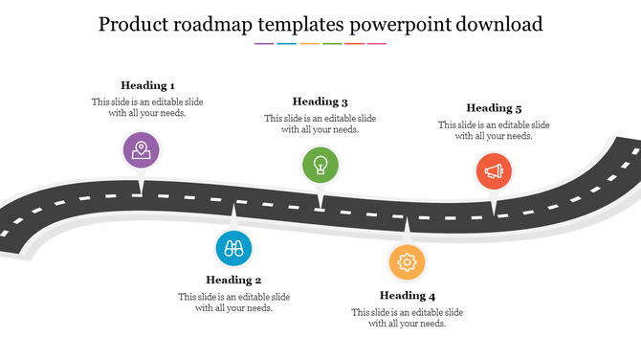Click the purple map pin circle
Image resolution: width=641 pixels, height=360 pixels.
(142, 150)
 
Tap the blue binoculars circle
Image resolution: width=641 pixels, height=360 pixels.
(233, 249)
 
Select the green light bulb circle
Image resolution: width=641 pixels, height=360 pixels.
(320, 165)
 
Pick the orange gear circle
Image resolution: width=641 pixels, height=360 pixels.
(408, 261)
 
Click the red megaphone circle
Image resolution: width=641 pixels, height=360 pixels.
(494, 172)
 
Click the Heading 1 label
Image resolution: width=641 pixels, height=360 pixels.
(147, 85)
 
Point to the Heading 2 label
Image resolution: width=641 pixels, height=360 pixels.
(233, 281)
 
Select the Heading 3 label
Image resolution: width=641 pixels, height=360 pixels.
(320, 101)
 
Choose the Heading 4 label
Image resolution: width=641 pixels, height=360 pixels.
(408, 296)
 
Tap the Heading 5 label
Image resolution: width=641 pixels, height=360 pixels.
(494, 108)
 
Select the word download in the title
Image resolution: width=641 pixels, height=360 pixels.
(497, 23)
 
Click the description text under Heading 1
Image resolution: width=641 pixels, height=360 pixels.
(147, 107)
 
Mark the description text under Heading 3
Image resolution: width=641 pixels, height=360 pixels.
(320, 124)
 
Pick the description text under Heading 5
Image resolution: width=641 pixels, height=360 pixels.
(494, 130)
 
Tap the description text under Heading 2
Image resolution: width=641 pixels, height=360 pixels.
(233, 303)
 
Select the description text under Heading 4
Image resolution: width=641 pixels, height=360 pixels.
(408, 318)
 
